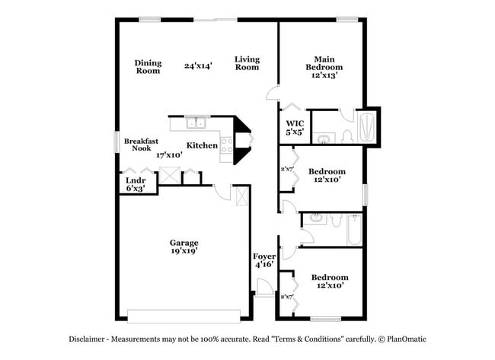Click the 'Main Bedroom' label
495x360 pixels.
[324, 62]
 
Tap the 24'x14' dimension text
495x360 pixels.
[198, 66]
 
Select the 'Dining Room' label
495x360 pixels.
[148, 67]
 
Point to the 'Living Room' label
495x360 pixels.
[247, 63]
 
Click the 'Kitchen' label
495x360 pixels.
[203, 145]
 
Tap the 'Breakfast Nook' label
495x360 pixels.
[141, 145]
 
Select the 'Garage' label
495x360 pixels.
[184, 244]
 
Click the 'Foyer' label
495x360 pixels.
[264, 256]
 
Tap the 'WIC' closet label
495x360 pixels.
[295, 123]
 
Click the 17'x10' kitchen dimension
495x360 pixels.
[169, 155]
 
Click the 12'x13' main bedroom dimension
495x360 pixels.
[324, 75]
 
